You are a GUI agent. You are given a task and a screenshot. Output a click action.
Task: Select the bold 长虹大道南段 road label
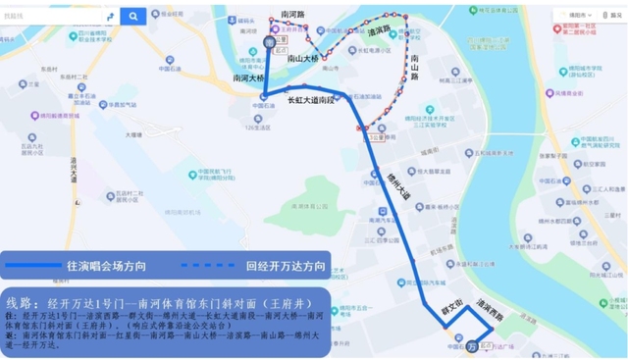312,100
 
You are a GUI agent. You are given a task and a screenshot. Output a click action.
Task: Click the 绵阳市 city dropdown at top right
593,17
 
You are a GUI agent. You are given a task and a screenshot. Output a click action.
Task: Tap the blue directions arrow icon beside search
109,17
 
